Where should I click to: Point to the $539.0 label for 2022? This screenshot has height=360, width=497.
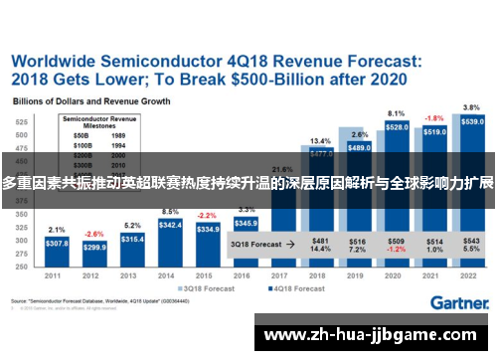(x=472, y=121)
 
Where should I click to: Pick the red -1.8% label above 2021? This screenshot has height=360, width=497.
(x=434, y=117)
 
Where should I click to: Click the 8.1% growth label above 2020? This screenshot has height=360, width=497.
(x=396, y=113)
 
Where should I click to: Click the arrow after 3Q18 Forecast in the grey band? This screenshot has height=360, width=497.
(x=289, y=243)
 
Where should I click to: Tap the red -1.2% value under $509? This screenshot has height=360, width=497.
(x=396, y=249)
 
